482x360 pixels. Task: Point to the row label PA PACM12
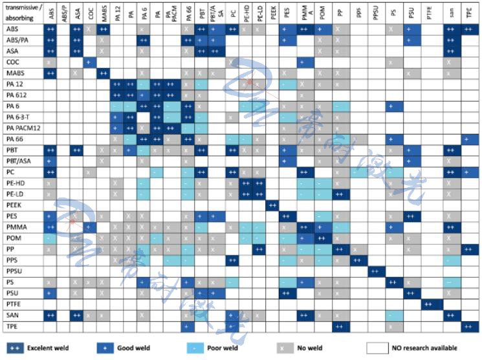pos(23,128)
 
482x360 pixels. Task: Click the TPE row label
pos(12,325)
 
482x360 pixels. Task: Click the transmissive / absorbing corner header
pos(21,14)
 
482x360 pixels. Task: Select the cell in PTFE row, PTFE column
pos(429,303)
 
